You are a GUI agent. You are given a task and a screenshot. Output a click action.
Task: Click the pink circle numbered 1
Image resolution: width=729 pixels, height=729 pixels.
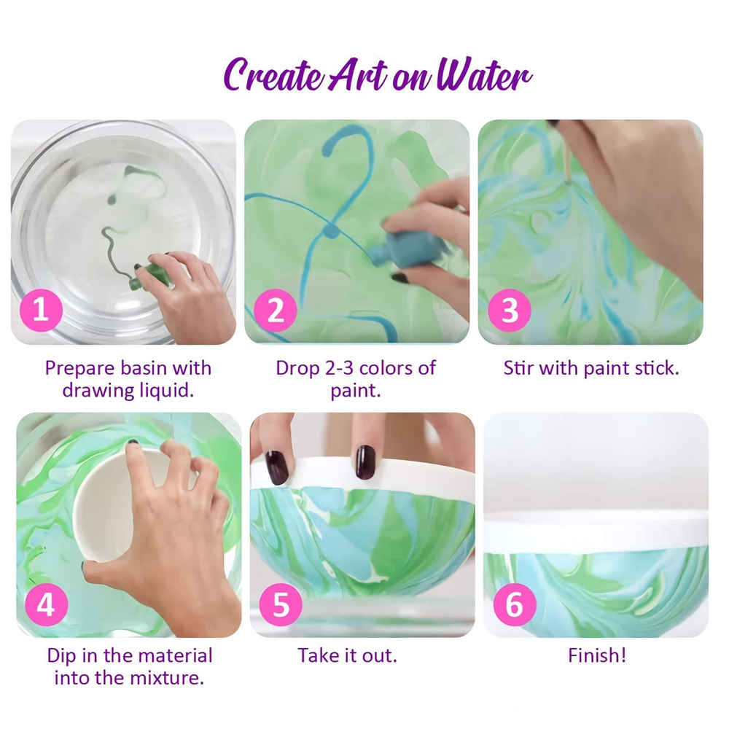coord(41,311)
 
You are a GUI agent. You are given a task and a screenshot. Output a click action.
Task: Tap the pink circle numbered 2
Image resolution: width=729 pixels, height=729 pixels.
coord(276,311)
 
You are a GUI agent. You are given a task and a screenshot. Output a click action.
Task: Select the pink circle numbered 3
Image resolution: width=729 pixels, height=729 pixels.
coord(510,311)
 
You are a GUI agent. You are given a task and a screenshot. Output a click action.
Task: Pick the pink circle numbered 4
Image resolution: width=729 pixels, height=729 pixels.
coord(47,605)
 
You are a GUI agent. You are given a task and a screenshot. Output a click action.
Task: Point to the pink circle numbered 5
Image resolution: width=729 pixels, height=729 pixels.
coord(281,605)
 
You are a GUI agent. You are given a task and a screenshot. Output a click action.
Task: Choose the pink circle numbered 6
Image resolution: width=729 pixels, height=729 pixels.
coord(515,605)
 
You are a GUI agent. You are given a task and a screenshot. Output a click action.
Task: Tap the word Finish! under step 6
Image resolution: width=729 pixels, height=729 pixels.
coord(597,655)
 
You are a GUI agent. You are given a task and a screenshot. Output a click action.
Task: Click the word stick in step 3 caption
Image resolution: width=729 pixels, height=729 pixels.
coord(655,367)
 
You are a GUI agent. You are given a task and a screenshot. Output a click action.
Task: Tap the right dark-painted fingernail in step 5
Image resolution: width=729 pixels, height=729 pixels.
coord(365,462)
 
